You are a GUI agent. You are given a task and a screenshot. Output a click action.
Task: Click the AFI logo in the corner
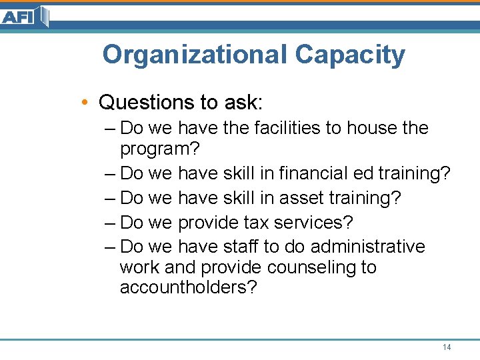coord(24,17)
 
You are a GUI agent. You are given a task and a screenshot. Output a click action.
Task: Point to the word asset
coord(299,198)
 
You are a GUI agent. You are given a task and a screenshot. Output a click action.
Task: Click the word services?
coord(313,222)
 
